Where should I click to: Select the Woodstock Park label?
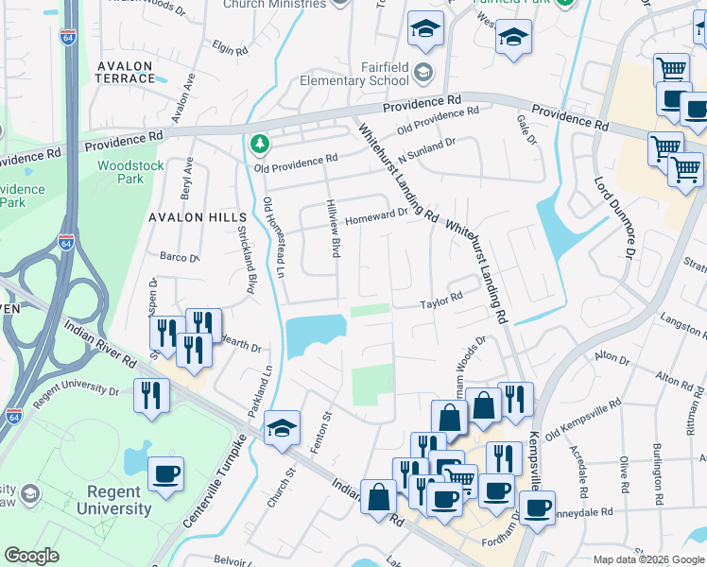point(130,172)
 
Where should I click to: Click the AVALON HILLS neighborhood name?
point(189,216)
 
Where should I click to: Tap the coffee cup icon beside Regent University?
point(166,473)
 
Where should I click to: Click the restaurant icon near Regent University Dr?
point(151,395)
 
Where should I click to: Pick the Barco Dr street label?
point(180,257)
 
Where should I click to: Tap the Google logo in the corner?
point(32,556)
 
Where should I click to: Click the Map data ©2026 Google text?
point(647,559)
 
